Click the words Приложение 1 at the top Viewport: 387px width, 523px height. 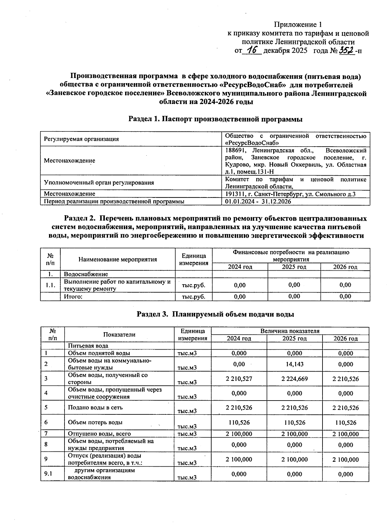click(298, 24)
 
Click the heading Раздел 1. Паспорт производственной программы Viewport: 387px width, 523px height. click(215, 119)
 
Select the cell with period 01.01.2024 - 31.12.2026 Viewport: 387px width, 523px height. click(258, 202)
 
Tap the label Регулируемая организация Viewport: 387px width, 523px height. click(81, 139)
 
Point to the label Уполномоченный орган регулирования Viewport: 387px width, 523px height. click(99, 182)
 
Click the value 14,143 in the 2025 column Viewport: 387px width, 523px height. click(294, 364)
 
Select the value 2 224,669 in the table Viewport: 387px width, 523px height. click(294, 379)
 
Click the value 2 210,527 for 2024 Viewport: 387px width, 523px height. click(239, 379)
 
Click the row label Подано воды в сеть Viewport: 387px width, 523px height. click(95, 407)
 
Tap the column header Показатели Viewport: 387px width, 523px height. click(119, 334)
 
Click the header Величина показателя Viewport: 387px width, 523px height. click(290, 331)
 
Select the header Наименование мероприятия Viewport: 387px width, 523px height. click(118, 259)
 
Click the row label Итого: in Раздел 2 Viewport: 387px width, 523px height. click(73, 297)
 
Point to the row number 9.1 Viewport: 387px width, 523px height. click(48, 474)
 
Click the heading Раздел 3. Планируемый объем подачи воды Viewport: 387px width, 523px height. click(215, 314)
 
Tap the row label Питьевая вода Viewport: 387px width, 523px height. click(88, 346)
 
